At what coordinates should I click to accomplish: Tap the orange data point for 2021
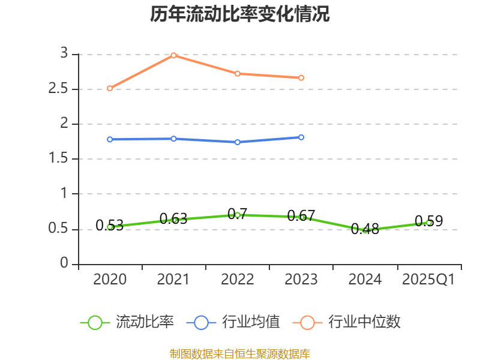173,55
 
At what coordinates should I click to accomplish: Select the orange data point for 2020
110,88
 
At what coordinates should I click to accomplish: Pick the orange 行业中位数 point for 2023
301,77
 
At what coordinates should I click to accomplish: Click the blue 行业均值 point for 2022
238,142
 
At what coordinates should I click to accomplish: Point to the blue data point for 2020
110,139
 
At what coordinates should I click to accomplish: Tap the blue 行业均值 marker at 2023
301,137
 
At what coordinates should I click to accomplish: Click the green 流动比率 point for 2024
365,230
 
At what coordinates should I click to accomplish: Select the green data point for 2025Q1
428,223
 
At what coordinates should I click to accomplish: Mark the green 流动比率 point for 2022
238,215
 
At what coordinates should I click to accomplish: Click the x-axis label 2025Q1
428,280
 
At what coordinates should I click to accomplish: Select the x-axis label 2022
238,280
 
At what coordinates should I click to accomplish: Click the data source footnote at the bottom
240,353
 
